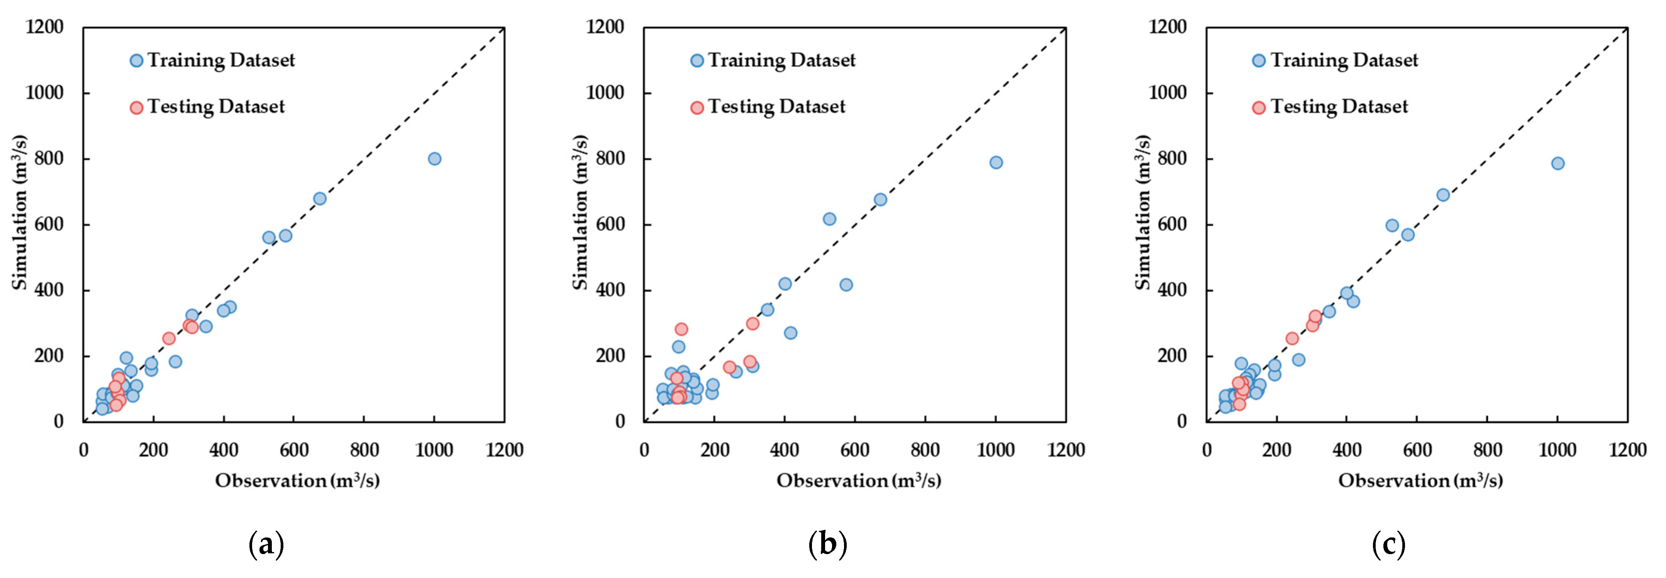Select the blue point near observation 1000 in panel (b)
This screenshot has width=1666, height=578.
point(996,162)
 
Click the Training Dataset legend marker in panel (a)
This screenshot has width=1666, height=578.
point(136,61)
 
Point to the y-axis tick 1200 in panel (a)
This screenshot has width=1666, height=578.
point(45,27)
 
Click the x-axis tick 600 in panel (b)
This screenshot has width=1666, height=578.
point(854,450)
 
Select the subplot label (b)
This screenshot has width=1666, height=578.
point(828,545)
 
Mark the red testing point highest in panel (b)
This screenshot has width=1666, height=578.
point(681,329)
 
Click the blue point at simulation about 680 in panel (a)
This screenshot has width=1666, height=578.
point(319,198)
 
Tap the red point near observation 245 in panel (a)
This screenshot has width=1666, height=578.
point(169,338)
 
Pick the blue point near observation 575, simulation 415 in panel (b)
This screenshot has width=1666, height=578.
point(846,285)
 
